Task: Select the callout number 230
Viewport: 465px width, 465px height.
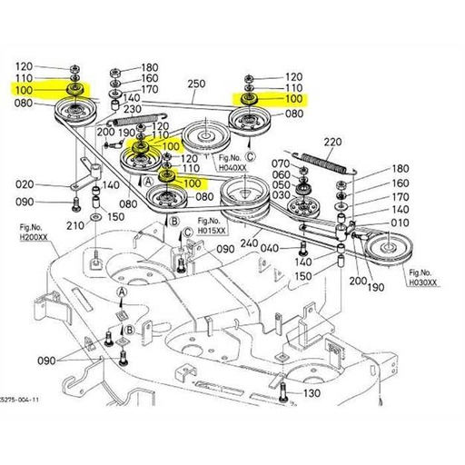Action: point(134,111)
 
